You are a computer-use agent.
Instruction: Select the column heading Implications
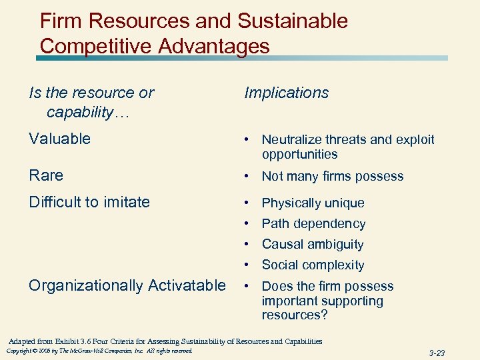click(286, 93)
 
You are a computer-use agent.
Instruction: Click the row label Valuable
click(59, 139)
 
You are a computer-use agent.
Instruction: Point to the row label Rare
click(46, 175)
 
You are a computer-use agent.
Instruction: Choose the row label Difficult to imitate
click(89, 202)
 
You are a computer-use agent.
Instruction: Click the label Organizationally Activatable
click(127, 285)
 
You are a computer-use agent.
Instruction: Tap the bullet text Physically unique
click(313, 203)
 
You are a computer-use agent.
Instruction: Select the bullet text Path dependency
click(313, 223)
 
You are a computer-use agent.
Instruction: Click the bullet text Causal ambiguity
click(313, 244)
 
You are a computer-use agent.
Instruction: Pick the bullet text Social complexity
click(313, 265)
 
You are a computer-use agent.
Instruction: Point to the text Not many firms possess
click(333, 176)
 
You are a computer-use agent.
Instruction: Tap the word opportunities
click(300, 154)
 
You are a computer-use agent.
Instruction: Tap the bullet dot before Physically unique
click(247, 203)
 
